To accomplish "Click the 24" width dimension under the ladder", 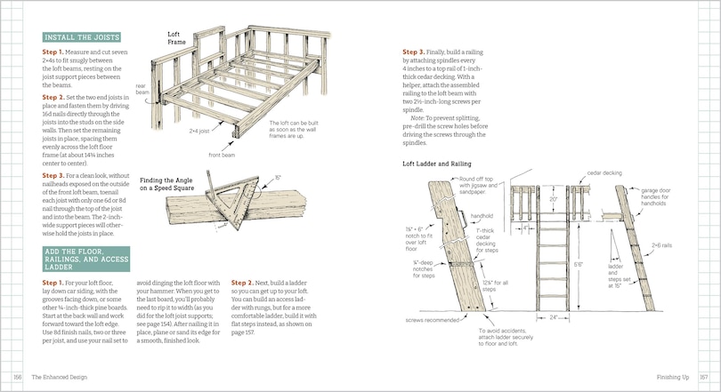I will (553, 315).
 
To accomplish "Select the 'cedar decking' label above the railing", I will (604, 172).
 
